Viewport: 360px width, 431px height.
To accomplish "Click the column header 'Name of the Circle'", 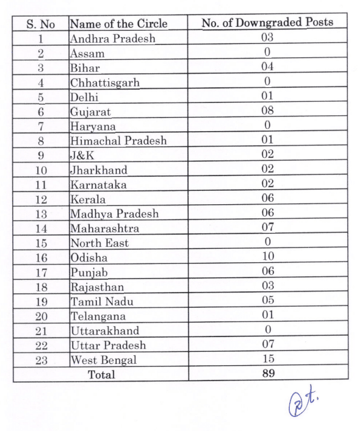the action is click(118, 23).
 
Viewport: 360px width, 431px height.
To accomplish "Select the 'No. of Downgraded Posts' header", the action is click(267, 23).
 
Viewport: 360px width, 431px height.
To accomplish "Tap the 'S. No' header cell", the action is click(40, 24).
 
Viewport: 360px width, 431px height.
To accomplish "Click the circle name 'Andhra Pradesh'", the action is click(112, 38).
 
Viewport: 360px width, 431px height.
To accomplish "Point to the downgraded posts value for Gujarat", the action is click(267, 110).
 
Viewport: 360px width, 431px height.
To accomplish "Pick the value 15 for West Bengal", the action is click(267, 359).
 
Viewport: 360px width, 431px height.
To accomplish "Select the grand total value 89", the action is click(268, 374).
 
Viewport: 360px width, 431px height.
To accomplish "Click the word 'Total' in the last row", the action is click(101, 374).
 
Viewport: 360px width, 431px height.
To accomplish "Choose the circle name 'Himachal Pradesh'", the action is click(118, 141).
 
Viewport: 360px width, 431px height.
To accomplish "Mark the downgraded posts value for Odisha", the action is click(267, 257).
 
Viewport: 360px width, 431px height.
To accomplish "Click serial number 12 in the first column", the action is click(41, 199).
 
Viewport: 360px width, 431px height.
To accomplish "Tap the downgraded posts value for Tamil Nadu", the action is click(267, 301).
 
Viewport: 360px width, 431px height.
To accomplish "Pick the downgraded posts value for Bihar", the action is click(267, 66).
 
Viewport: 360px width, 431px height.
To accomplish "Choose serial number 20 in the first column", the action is click(41, 316).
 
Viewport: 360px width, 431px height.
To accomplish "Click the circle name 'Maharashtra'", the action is click(104, 229).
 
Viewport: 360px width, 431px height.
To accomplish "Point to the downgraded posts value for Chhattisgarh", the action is click(267, 81).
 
